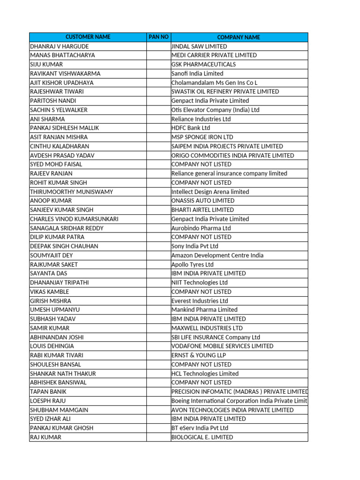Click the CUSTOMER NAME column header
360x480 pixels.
(x=88, y=37)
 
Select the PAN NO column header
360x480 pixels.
(x=158, y=37)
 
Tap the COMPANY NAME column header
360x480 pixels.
(x=239, y=37)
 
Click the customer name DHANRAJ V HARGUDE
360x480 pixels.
(x=59, y=46)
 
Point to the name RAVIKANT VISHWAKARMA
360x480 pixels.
(x=65, y=74)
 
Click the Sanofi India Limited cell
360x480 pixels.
(x=197, y=74)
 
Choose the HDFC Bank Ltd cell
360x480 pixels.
(x=191, y=128)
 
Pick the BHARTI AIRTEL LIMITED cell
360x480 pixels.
(x=202, y=210)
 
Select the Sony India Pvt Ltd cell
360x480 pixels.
(x=195, y=246)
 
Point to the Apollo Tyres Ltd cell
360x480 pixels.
(x=193, y=264)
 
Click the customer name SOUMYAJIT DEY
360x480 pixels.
(x=52, y=255)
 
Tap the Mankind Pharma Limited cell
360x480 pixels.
(x=204, y=310)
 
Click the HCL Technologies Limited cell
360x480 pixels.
(x=205, y=374)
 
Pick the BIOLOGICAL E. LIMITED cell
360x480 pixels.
(x=202, y=437)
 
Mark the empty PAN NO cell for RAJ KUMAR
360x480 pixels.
(x=158, y=437)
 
